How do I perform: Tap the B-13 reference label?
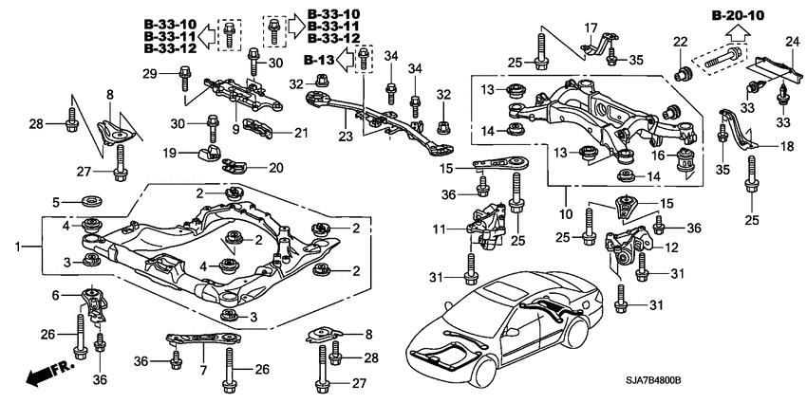[x=323, y=62]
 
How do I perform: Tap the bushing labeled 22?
[x=681, y=71]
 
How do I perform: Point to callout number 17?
[x=590, y=27]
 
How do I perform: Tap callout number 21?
[x=302, y=132]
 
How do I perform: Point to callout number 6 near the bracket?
[x=54, y=295]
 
